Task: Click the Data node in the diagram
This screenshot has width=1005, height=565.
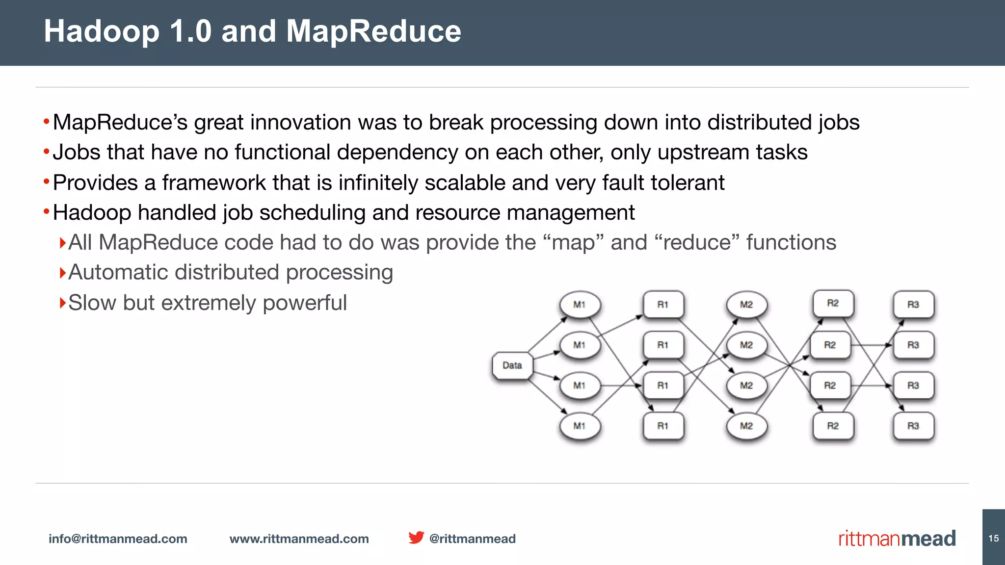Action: [512, 365]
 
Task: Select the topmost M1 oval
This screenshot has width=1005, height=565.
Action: [580, 305]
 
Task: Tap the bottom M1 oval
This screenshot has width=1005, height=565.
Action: [580, 426]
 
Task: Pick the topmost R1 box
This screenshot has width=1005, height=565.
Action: [663, 305]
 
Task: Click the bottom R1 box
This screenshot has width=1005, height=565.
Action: [663, 426]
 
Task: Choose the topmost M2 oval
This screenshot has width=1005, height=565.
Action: [746, 305]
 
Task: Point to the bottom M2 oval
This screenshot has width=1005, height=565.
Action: [746, 426]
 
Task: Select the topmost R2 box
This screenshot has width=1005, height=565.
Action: [833, 303]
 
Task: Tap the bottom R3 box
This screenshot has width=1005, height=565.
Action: [913, 426]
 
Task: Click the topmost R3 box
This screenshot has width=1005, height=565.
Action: [913, 305]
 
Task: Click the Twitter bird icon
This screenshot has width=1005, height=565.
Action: [416, 538]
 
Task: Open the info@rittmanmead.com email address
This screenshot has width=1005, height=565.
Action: [118, 539]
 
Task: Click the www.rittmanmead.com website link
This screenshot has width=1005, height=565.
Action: [299, 539]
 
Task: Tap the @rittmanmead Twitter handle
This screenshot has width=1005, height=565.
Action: [472, 539]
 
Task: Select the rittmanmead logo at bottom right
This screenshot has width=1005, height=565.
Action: [897, 539]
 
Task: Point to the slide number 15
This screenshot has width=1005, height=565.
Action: [994, 538]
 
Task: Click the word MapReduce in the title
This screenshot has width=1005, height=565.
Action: [373, 31]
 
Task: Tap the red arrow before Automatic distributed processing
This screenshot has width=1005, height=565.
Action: [62, 272]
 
